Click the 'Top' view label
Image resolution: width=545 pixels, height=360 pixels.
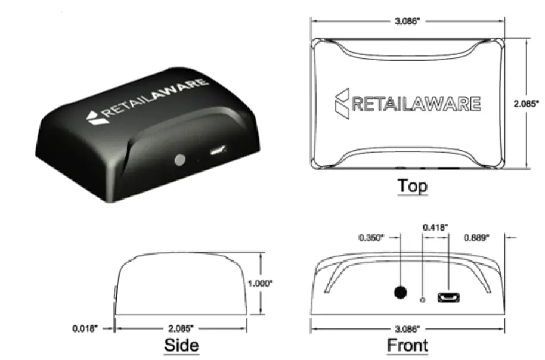(413, 186)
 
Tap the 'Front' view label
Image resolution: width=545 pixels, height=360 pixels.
(407, 345)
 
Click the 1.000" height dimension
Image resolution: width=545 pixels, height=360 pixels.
(261, 284)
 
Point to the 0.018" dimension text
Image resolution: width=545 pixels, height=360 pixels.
(85, 328)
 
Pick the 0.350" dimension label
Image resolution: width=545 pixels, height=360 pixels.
(373, 237)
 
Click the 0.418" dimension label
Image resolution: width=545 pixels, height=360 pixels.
(435, 227)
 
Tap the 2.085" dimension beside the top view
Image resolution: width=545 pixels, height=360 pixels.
(526, 103)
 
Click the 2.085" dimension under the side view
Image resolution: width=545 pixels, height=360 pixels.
(181, 328)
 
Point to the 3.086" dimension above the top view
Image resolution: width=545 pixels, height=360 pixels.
(407, 21)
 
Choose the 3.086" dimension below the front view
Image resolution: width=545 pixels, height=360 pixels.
(407, 328)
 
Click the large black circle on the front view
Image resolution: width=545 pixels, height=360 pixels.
(400, 293)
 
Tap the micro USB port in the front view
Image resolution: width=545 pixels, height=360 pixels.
(447, 297)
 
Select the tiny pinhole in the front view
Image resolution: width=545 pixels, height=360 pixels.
(423, 299)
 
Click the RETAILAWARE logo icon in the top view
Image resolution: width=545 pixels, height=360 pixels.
(342, 103)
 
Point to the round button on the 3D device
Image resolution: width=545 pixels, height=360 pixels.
(179, 160)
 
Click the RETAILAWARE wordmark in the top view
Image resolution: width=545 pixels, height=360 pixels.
(416, 104)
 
